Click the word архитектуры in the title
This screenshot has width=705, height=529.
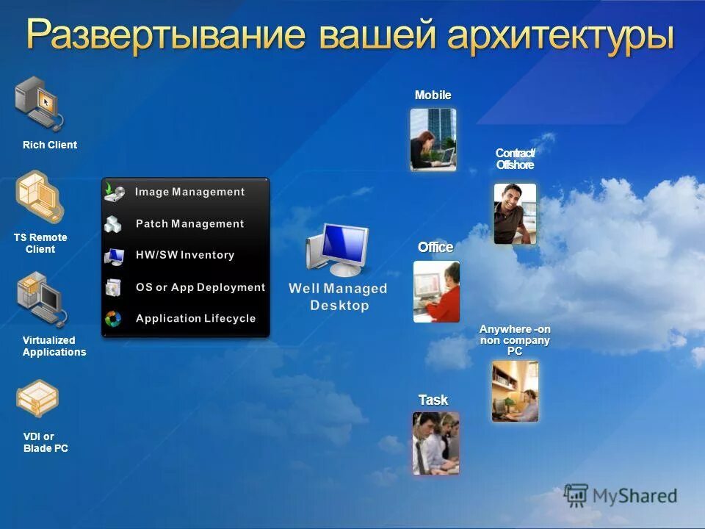tap(558, 35)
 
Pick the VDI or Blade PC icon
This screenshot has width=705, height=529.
tap(37, 397)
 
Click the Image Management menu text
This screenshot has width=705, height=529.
tap(189, 192)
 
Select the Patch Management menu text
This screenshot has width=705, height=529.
tap(189, 223)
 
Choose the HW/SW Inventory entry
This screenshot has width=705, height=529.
tap(185, 255)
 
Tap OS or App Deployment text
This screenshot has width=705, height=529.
tap(200, 287)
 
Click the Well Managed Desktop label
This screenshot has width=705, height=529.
tap(338, 296)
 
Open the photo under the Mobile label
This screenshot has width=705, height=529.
tap(433, 140)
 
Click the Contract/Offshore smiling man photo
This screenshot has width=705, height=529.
tap(515, 213)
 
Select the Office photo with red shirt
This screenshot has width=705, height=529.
tap(436, 292)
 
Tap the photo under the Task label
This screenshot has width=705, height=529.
tap(435, 442)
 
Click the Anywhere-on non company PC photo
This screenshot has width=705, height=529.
tap(515, 391)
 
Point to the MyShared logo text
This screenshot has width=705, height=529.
tap(634, 496)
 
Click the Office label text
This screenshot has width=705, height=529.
tap(435, 248)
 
